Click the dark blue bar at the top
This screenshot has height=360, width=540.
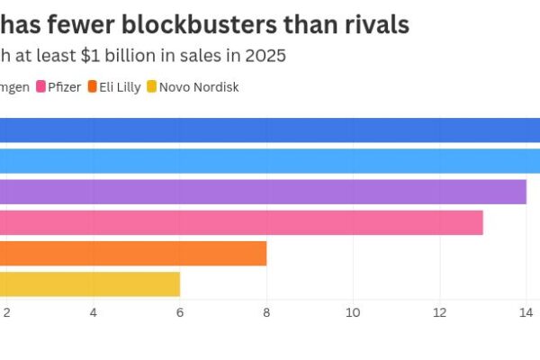[270, 130]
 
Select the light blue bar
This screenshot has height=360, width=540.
[270, 161]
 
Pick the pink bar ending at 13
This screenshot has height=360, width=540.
[241, 222]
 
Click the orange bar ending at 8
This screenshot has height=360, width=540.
[133, 253]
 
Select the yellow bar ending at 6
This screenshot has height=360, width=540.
[90, 283]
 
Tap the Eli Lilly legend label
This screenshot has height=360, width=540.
[121, 87]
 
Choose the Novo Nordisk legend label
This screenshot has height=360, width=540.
[199, 87]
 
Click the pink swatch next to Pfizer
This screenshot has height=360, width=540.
[41, 87]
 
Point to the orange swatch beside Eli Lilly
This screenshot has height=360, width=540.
[94, 87]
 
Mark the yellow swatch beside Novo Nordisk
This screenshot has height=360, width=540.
[152, 87]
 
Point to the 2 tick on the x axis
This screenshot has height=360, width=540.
[7, 312]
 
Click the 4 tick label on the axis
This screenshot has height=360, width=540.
[94, 312]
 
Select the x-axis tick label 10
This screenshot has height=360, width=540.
[353, 312]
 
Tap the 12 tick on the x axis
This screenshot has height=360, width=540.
[439, 312]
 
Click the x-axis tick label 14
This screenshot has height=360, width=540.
[526, 312]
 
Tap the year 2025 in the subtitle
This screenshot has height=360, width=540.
[265, 56]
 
